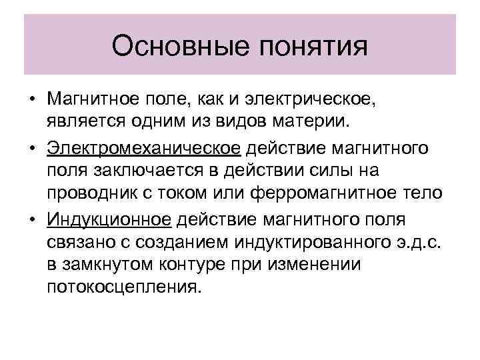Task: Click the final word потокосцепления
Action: pos(123,287)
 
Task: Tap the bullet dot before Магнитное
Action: pos(32,101)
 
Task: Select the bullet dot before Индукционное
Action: pos(32,218)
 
